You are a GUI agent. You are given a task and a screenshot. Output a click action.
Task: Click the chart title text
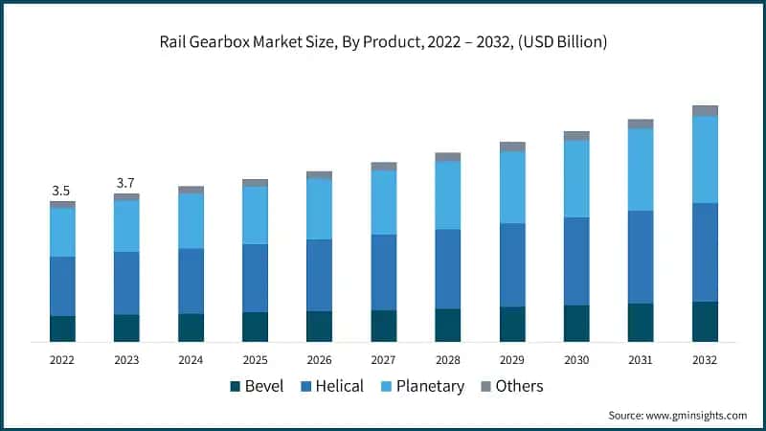[x=383, y=41]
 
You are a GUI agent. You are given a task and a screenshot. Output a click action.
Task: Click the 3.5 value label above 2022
[x=61, y=191]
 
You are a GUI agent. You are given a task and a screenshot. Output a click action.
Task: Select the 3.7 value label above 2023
[x=125, y=183]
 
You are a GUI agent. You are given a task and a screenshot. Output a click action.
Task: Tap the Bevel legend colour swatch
[x=236, y=387]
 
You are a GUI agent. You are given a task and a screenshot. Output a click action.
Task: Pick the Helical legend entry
[x=332, y=386]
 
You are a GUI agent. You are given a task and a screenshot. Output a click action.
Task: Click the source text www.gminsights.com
[x=677, y=415]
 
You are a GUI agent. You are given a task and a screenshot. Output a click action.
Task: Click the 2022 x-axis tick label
[x=62, y=360]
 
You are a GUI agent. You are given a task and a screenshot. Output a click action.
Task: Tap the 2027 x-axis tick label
[x=383, y=360]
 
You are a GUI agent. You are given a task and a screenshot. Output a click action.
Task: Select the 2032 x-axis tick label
[x=705, y=360]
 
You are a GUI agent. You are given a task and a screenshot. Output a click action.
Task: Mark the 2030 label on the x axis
[x=576, y=360]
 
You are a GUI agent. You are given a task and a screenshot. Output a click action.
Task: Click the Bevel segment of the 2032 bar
[x=705, y=322]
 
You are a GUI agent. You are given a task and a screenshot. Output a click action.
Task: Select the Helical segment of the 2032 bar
[x=705, y=252]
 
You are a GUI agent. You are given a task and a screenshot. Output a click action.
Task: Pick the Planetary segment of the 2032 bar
[x=705, y=159]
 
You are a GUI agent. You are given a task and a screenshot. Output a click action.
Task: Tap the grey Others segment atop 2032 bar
[x=705, y=111]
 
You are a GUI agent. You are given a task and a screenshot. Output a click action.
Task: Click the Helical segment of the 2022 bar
[x=62, y=286]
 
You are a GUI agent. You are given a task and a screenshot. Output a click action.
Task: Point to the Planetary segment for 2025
[x=255, y=215]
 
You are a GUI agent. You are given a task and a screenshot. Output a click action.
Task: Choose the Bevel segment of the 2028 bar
[x=447, y=326]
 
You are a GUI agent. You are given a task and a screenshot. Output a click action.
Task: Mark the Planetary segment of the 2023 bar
[x=126, y=226]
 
